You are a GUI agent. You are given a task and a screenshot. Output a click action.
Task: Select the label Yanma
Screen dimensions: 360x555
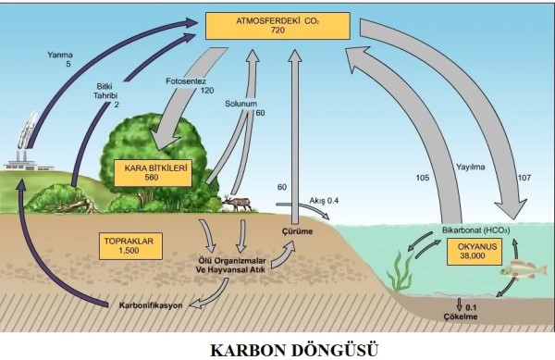(59, 54)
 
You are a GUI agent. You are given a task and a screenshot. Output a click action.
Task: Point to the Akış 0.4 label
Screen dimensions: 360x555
(337, 198)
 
